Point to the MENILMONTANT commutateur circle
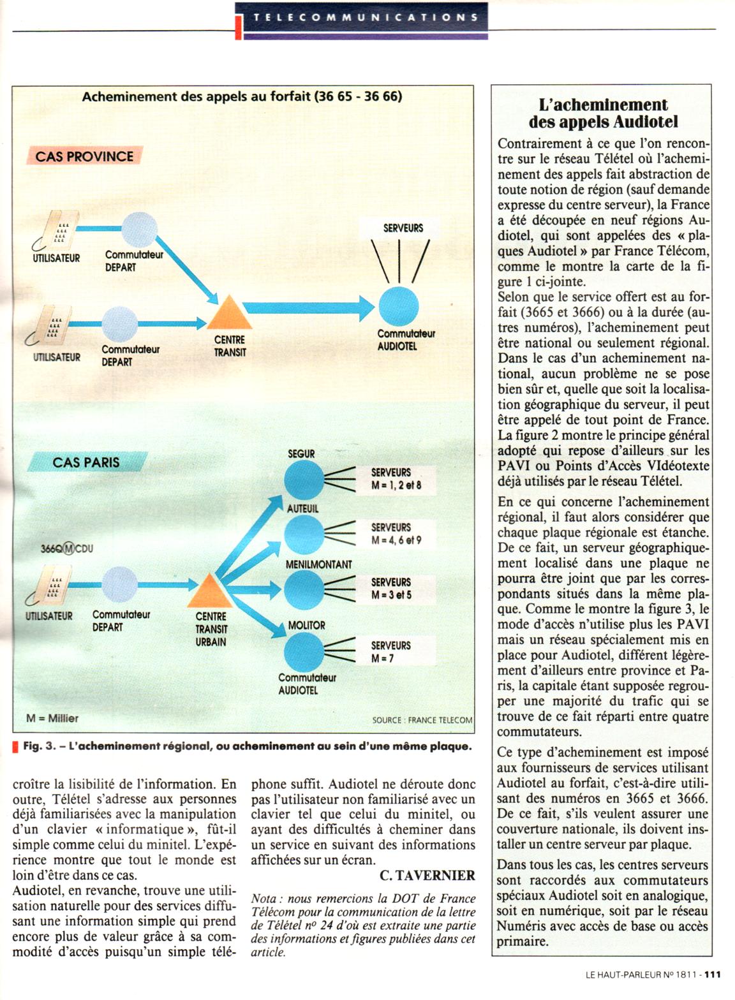point(304,591)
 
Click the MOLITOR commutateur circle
point(304,652)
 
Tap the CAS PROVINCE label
point(84,156)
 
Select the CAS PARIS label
point(86,462)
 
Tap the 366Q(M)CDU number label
point(66,548)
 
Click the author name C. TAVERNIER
point(427,876)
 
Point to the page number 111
point(713,974)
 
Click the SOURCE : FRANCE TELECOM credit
point(422,720)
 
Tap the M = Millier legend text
point(52,718)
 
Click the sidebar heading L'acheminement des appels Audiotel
point(603,114)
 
